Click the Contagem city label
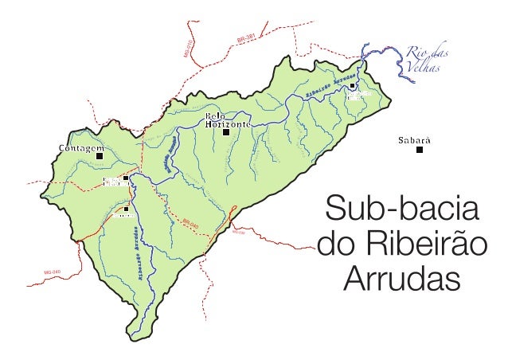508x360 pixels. pyautogui.click(x=82, y=149)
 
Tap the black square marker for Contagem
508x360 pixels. pyautogui.click(x=100, y=157)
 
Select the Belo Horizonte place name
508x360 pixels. pyautogui.click(x=228, y=121)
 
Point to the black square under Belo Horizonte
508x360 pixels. pyautogui.click(x=226, y=133)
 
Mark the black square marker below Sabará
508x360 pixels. pyautogui.click(x=420, y=149)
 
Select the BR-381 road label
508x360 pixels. pyautogui.click(x=247, y=37)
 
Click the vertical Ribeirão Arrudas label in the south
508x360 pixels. pyautogui.click(x=141, y=255)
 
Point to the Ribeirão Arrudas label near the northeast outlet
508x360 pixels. pyautogui.click(x=328, y=87)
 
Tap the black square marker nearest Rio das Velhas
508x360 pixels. pyautogui.click(x=353, y=85)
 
